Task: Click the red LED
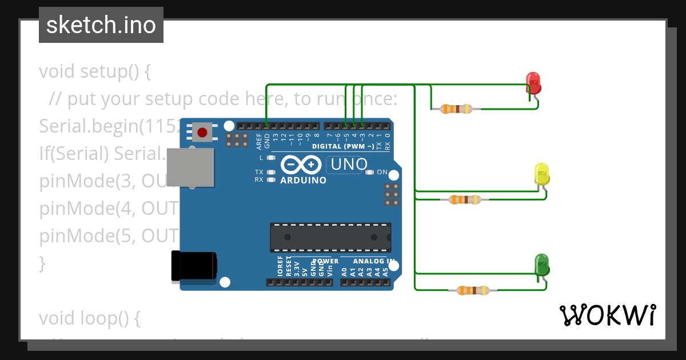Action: coord(533,83)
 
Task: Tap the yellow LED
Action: coord(541,174)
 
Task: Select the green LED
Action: coord(541,264)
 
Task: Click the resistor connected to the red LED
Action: coord(456,109)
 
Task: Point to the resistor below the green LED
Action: coord(472,290)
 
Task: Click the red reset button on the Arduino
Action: coord(202,133)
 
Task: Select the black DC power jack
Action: coord(194,267)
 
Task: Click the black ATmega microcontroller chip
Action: coord(330,238)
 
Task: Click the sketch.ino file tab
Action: coord(101,25)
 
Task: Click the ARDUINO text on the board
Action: coord(303,181)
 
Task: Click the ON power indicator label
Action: coord(382,172)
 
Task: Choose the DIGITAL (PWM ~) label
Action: coord(343,147)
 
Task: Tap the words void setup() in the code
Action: coord(95,72)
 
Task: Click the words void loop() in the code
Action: coord(89,318)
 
